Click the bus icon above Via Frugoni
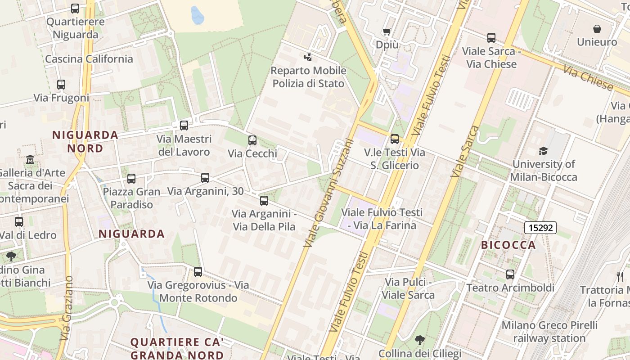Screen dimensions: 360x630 [x=61, y=84]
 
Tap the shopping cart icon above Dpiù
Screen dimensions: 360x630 [x=387, y=31]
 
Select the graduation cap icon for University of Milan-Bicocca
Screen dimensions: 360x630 [x=544, y=151]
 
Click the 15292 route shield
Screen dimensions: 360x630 [x=540, y=228]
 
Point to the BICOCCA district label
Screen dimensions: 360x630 [x=508, y=245]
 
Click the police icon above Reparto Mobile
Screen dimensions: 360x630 [x=308, y=57]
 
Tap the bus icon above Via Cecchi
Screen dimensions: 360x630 [x=252, y=140]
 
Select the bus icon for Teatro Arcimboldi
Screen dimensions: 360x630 [x=510, y=274]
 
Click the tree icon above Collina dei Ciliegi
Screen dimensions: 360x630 [x=420, y=340]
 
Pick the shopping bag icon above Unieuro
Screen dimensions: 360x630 [x=597, y=29]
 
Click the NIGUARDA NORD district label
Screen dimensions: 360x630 [x=85, y=141]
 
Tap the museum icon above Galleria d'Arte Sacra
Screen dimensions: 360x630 [x=30, y=159]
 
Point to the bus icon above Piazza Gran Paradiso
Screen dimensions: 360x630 [x=131, y=179]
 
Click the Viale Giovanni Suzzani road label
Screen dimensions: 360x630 [x=328, y=192]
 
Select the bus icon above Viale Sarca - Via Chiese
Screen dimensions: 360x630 [x=491, y=38]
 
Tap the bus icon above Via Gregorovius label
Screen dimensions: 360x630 [x=198, y=272]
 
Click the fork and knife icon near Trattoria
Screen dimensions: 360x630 [x=620, y=276]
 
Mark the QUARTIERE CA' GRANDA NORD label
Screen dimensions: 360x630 [x=177, y=348]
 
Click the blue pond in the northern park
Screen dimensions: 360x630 [x=197, y=15]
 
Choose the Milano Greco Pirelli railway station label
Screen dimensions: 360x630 [x=549, y=331]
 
